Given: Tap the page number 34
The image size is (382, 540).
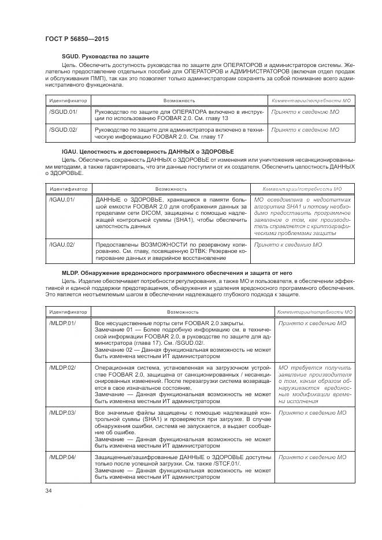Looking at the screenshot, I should click(x=49, y=490).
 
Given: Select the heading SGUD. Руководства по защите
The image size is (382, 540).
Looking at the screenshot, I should click(x=105, y=57).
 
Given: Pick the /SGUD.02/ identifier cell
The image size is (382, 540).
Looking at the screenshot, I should click(x=63, y=130).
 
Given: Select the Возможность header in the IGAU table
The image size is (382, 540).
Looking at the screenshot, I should click(x=171, y=188).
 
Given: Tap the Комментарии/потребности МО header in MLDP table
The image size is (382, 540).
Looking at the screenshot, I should click(x=315, y=312).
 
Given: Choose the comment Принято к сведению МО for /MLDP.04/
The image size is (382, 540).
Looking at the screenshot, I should click(x=312, y=457).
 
